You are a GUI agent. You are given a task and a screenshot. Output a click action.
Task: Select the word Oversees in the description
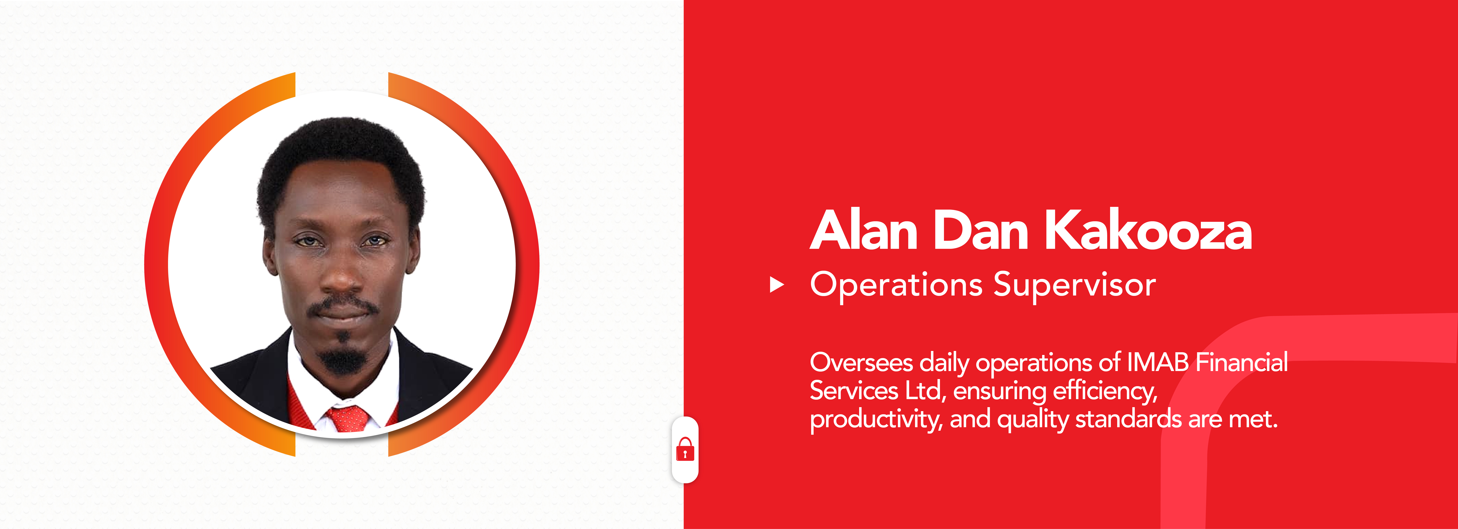[861, 362]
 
